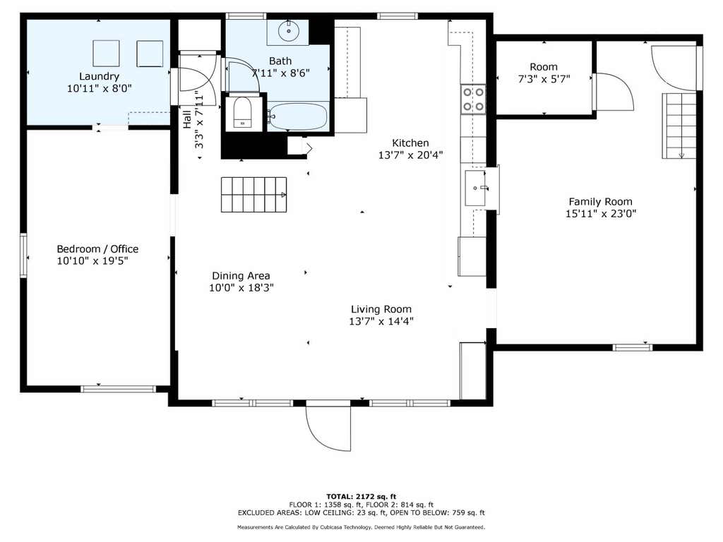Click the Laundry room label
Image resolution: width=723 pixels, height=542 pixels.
99,76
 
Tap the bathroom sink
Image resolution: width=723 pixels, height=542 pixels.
289,31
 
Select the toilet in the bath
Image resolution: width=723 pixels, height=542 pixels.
243,112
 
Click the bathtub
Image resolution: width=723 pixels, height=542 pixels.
298,116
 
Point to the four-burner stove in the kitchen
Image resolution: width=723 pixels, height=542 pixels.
474,99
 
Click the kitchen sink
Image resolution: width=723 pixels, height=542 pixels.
475,188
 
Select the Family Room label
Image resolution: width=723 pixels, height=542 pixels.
600,201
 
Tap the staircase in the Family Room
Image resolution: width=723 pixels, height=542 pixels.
679,126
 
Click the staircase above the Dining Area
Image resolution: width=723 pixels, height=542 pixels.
254,195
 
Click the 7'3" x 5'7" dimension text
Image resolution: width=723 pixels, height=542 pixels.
544,79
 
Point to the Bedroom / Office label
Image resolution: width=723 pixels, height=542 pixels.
97,249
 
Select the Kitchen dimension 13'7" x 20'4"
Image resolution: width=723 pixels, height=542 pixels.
410,155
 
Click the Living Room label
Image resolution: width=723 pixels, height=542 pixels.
381,309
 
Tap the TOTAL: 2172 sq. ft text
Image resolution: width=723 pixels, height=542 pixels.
361,496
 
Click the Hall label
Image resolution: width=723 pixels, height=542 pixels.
186,119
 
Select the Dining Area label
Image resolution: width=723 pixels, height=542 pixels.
241,276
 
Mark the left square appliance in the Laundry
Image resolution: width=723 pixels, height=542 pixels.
106,54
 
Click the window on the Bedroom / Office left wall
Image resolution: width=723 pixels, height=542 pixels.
23,255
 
